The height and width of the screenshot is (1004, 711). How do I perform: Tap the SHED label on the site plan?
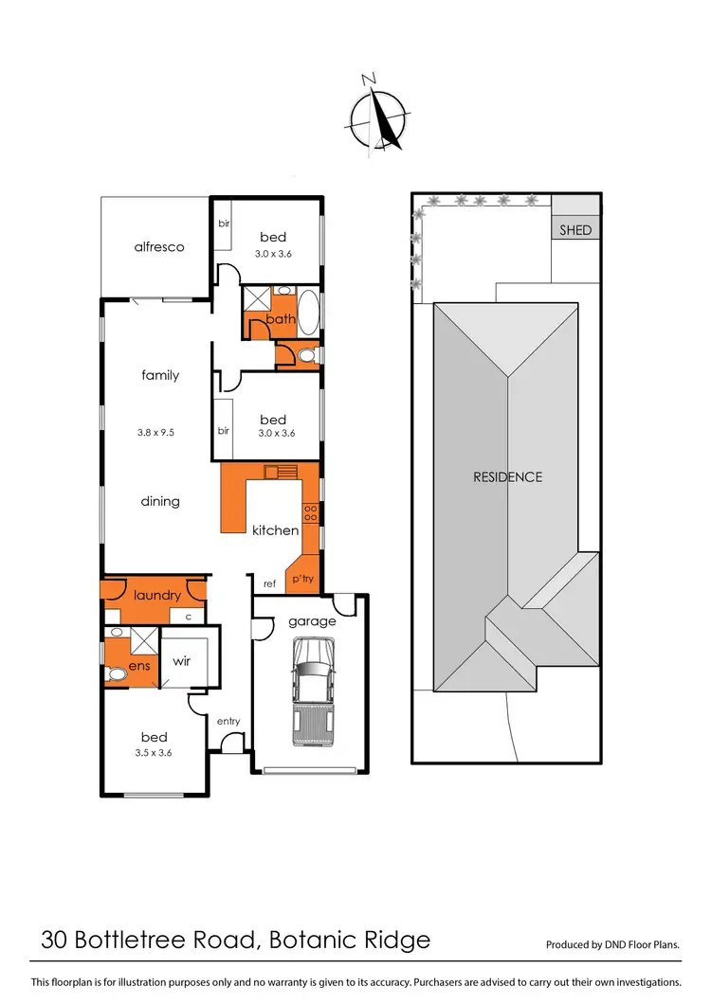574,230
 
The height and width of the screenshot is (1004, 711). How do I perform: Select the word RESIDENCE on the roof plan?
507,476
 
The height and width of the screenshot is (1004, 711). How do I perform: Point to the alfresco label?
158,246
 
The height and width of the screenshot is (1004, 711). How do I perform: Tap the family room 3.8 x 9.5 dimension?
156,432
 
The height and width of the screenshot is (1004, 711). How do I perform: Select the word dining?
160,501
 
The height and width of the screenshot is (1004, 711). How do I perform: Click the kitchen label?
275,529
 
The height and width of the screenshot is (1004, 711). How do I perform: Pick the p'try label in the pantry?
302,578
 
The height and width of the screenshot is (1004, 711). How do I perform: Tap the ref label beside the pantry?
269,583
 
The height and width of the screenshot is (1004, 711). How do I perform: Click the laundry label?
156,595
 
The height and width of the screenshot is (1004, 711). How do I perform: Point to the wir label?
182,660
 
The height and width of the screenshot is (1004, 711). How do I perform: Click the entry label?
228,721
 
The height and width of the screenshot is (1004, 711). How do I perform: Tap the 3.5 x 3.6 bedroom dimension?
154,753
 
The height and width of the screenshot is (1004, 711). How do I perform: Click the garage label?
312,621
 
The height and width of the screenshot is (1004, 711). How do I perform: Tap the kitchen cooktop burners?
310,511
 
